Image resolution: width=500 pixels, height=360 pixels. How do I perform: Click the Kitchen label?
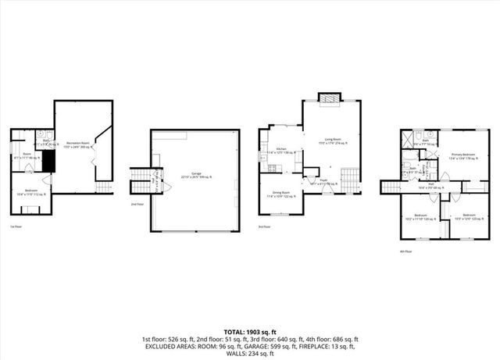point(282,151)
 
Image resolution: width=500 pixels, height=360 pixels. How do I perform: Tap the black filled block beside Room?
point(49,160)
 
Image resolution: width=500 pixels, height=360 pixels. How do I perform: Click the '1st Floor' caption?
point(15,226)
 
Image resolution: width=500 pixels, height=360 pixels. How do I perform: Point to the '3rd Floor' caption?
point(266,226)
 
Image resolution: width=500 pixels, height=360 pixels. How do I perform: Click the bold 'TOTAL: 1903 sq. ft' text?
point(250,332)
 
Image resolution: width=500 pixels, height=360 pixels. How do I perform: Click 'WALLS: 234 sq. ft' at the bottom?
point(250,354)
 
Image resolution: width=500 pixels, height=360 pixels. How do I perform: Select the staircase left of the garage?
point(141,184)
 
